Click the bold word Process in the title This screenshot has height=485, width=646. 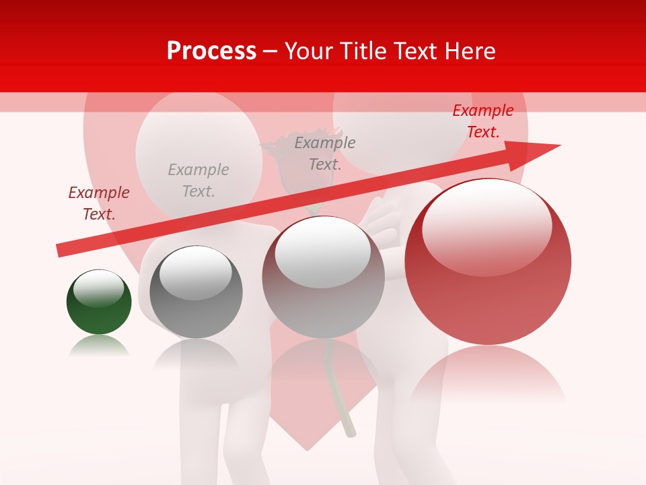pos(211,51)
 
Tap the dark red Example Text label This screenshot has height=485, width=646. pos(99,203)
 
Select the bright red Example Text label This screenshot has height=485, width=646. pos(483,121)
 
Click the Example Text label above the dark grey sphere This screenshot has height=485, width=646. pos(199,181)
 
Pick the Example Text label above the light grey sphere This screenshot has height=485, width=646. pos(325,153)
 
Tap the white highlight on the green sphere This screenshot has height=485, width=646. pos(98,288)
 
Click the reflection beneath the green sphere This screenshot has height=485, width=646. pos(99,346)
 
